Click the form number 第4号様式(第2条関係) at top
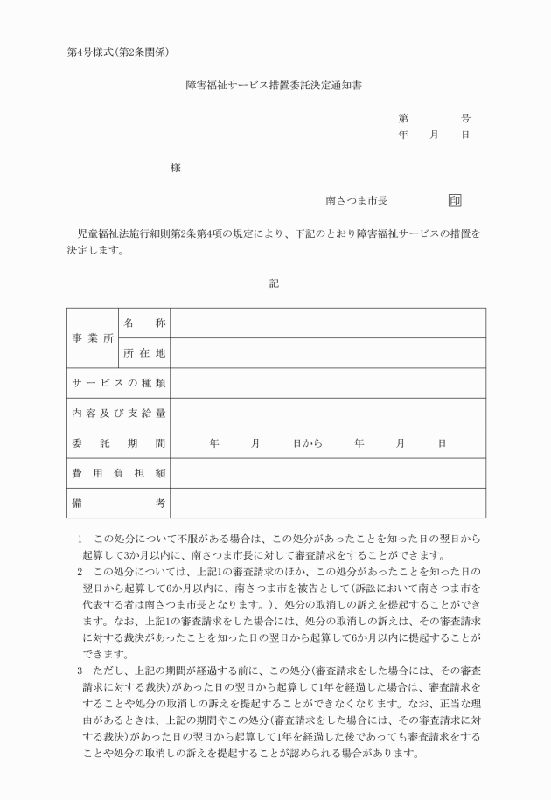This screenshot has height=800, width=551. coord(123,52)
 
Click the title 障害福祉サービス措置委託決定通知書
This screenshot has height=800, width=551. coord(275,87)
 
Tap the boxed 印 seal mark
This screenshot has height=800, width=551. coord(455,200)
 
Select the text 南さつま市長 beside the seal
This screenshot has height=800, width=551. coord(357,200)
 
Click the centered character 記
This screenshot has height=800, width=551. coord(274,282)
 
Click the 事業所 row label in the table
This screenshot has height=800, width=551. coord(92,337)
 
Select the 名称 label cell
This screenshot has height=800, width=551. coord(143,323)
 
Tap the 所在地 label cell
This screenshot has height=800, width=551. coord(143,353)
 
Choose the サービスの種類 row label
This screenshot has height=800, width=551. coord(118,383)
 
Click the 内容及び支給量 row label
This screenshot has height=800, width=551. coord(118,413)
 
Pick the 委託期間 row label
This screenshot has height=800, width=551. coord(118,443)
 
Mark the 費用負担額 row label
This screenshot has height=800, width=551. coord(118,473)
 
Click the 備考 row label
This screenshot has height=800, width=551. coord(118,503)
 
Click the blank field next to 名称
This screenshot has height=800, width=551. coord(328,323)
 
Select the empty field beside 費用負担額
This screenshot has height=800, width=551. coord(328,473)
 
